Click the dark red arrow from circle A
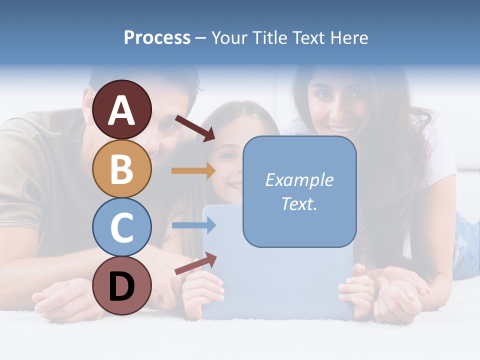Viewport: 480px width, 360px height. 194,128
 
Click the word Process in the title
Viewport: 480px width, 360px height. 157,37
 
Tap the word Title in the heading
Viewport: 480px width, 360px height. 268,37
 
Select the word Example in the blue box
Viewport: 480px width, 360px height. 299,180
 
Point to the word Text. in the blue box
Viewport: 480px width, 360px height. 299,203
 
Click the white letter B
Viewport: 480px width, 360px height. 121,169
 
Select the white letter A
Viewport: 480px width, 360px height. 121,110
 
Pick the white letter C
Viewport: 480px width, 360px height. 121,227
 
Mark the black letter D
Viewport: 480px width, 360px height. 121,286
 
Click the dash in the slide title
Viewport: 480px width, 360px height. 201,38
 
